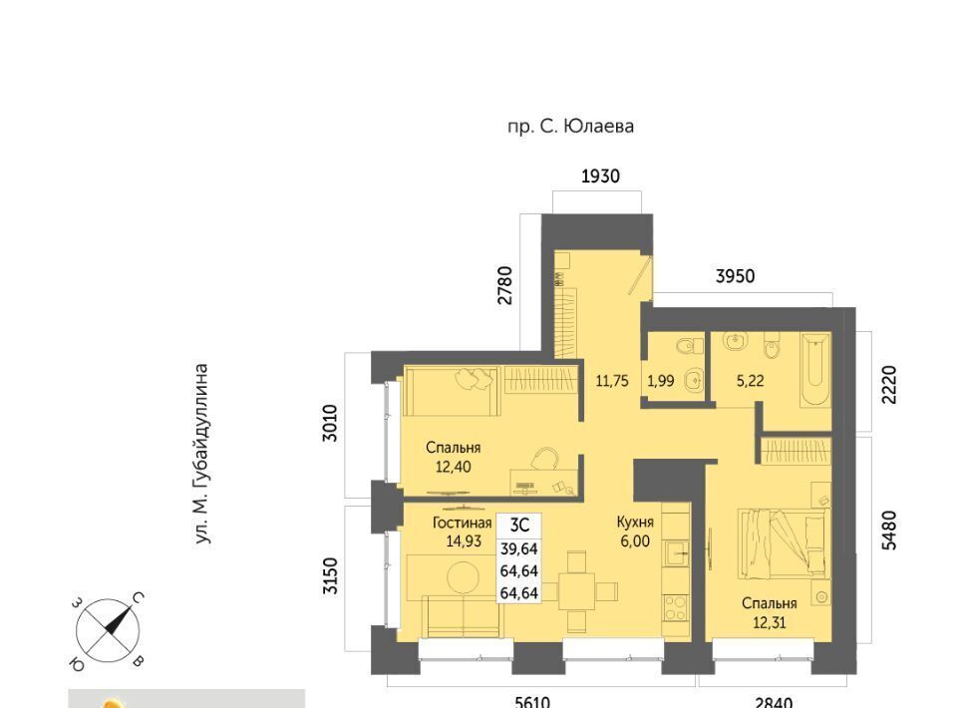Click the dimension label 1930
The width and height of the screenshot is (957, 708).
click(x=600, y=177)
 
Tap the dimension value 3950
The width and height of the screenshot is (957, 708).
click(x=735, y=276)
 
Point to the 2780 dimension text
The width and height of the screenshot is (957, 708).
click(x=504, y=285)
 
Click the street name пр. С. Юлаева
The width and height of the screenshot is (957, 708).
click(x=570, y=127)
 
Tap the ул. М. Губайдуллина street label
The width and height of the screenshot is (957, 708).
click(x=201, y=454)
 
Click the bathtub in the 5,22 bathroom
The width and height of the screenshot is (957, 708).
click(x=815, y=369)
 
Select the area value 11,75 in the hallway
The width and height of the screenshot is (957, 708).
click(x=611, y=382)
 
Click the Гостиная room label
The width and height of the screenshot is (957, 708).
click(x=462, y=524)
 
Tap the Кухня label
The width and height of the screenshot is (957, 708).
click(x=635, y=523)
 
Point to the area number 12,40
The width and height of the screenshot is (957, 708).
click(x=453, y=467)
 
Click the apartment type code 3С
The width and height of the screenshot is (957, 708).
click(x=519, y=525)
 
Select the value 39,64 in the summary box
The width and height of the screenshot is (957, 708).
click(x=518, y=548)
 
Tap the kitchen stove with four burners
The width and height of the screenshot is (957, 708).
click(x=676, y=608)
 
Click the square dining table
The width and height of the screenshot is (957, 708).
click(x=576, y=591)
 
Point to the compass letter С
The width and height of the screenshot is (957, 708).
click(x=138, y=598)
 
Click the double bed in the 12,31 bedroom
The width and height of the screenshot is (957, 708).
click(x=784, y=543)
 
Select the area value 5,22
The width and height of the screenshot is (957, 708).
click(x=750, y=382)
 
